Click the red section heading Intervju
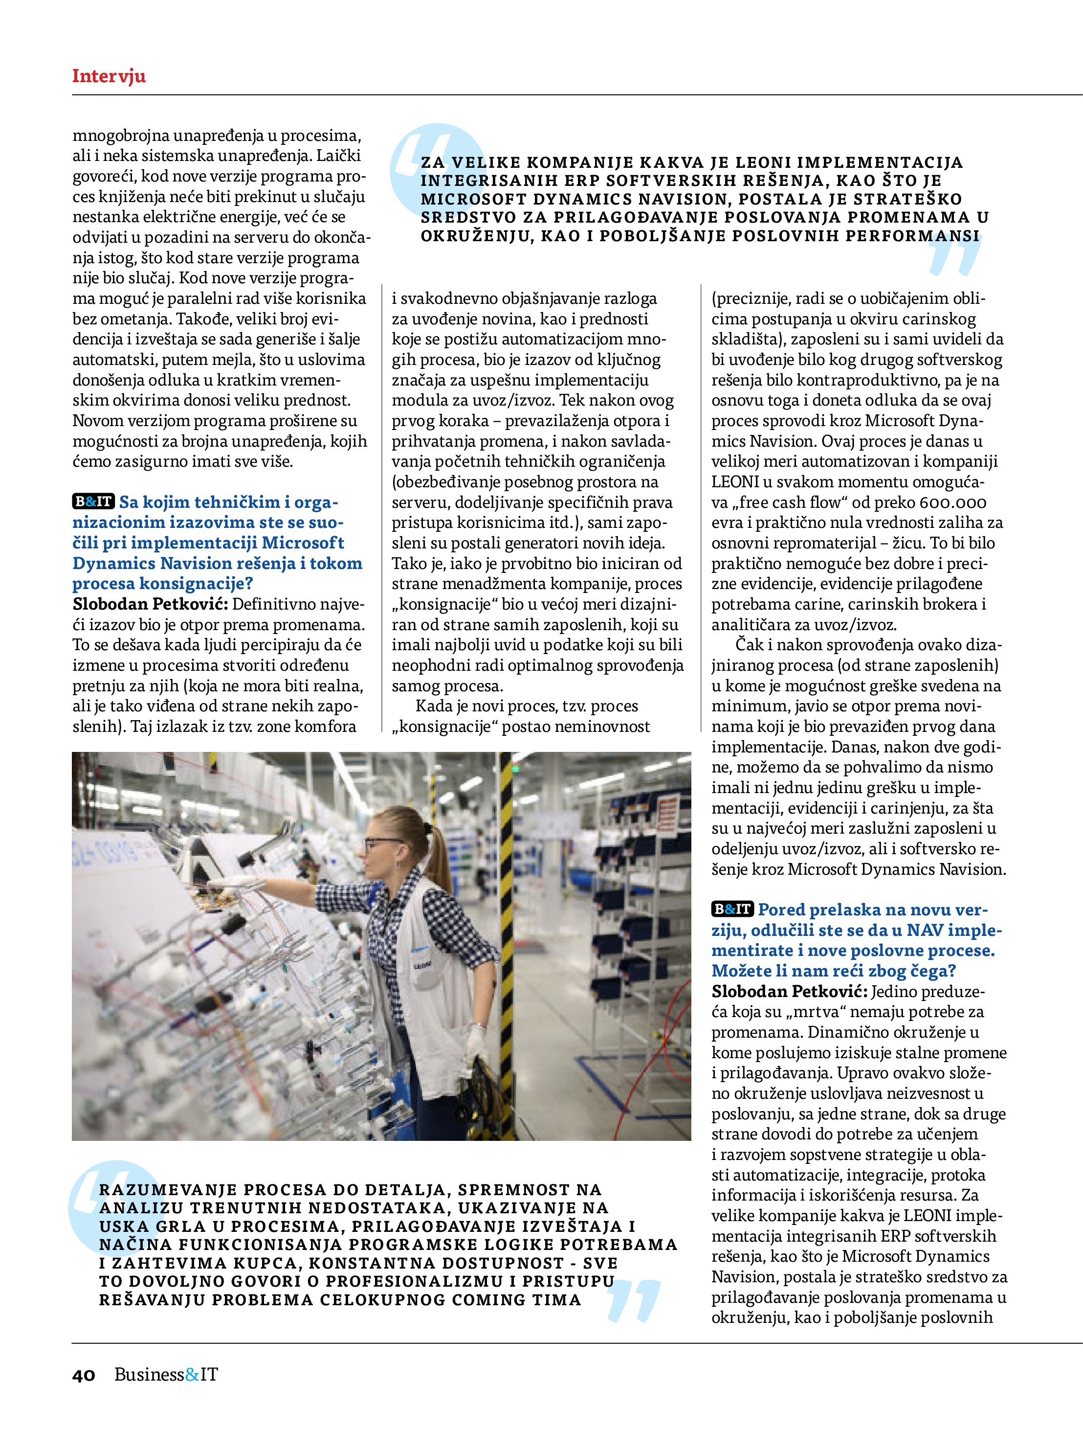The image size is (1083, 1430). click(109, 76)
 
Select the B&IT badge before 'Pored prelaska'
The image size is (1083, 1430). click(733, 909)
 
